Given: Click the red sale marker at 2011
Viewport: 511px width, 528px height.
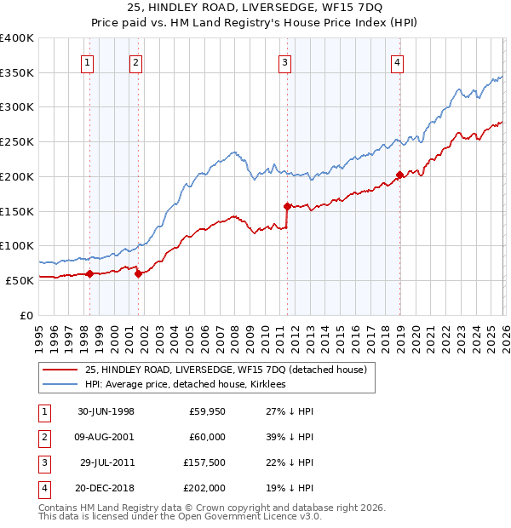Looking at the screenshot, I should pyautogui.click(x=287, y=205).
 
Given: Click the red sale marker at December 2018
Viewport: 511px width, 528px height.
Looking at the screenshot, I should pyautogui.click(x=399, y=175).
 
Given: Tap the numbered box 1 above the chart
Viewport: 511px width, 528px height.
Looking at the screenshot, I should pyautogui.click(x=89, y=60).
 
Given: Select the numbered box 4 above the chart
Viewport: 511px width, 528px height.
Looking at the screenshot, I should pyautogui.click(x=398, y=60).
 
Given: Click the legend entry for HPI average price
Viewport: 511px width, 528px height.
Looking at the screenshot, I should pyautogui.click(x=184, y=384).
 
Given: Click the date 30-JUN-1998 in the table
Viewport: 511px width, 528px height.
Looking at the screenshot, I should pyautogui.click(x=106, y=411).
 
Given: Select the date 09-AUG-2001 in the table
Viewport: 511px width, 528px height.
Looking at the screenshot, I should pyautogui.click(x=106, y=437).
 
